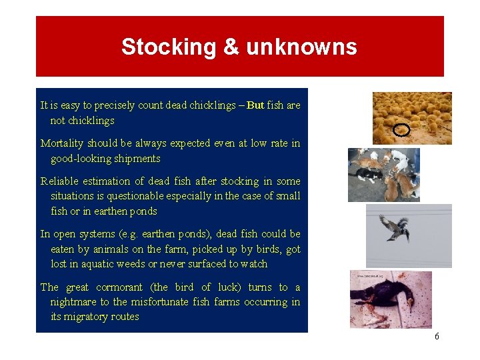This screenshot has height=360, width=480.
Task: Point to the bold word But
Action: (x=255, y=105)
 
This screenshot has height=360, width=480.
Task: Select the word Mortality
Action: (x=62, y=143)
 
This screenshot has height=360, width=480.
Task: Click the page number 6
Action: (x=437, y=337)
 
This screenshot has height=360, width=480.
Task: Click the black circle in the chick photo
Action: (x=401, y=130)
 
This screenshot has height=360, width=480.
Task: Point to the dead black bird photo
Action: (x=391, y=300)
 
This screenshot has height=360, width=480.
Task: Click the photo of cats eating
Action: (x=383, y=175)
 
